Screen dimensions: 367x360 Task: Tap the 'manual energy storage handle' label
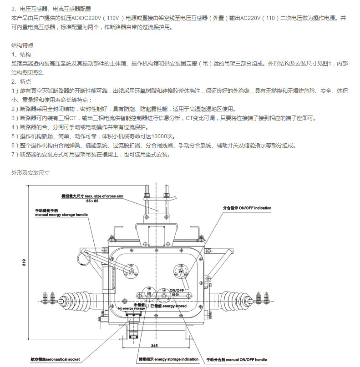pos(61,214)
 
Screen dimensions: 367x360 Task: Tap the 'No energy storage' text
pos(132,309)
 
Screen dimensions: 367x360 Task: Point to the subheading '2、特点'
pos(20,82)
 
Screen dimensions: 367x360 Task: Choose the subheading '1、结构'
pos(20,55)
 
